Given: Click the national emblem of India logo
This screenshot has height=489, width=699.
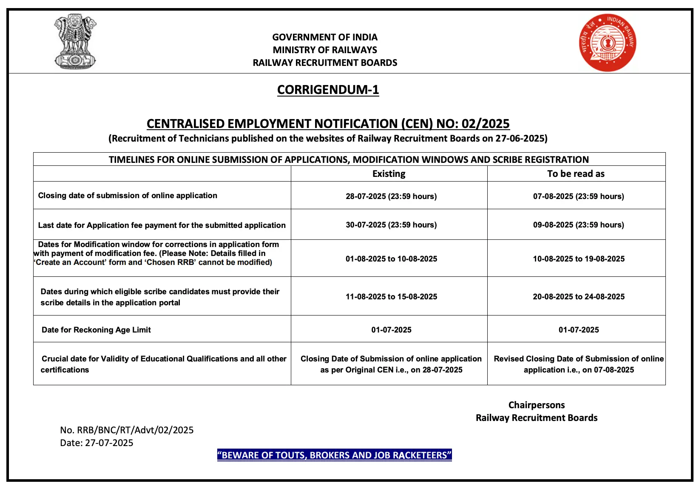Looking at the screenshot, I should click(x=75, y=41).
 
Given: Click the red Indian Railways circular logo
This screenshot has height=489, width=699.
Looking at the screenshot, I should click(x=607, y=43).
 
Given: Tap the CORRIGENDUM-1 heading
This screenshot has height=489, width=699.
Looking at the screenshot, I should click(x=328, y=90).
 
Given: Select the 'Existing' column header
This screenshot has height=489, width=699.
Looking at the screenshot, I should click(x=389, y=173).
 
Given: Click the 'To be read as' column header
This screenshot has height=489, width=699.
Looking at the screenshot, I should click(x=576, y=173).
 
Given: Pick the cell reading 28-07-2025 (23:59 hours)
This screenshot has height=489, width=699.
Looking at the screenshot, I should click(x=391, y=196).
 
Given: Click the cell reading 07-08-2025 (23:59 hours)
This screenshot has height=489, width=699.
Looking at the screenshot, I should click(x=578, y=196).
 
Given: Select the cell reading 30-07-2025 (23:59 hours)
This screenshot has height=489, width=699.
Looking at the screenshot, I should click(x=391, y=225).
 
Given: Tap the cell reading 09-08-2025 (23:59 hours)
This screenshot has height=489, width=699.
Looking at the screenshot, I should click(x=578, y=225).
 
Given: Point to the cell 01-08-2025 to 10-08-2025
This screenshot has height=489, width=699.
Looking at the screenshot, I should click(x=391, y=259).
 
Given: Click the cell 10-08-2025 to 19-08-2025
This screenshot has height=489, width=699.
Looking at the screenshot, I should click(x=579, y=259).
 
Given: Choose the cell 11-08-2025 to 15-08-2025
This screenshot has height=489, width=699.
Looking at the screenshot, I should click(x=391, y=296).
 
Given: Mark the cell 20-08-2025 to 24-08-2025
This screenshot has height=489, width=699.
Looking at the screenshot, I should click(x=579, y=296).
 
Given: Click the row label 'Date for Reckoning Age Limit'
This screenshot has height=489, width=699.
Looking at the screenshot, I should click(x=96, y=330).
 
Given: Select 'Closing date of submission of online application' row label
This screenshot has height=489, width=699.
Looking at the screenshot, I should click(x=128, y=195).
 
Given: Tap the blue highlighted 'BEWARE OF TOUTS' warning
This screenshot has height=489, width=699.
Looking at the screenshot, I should click(x=334, y=455).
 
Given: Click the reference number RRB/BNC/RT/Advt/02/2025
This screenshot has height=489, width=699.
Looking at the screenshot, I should click(x=127, y=430).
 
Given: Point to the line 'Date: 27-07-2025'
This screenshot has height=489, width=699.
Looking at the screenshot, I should click(x=97, y=443).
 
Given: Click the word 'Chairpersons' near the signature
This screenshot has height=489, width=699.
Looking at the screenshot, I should click(x=537, y=405).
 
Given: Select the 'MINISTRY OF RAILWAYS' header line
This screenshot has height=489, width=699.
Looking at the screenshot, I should click(x=325, y=50).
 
